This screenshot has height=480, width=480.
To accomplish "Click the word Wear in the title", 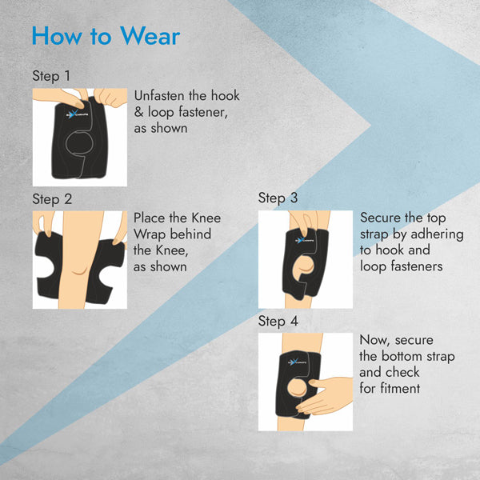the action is click(x=150, y=36).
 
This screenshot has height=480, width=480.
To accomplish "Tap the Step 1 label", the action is click(x=51, y=76).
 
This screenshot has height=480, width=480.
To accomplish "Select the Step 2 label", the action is click(x=52, y=199).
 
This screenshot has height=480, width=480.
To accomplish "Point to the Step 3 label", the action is click(x=278, y=198).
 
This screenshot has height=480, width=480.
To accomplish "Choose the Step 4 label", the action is click(x=278, y=321).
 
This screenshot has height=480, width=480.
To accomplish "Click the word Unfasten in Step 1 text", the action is click(x=159, y=96).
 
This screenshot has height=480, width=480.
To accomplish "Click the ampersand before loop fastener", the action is click(x=138, y=112).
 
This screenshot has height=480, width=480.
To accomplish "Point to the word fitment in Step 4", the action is click(x=400, y=388).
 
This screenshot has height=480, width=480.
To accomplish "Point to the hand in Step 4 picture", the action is click(x=326, y=395).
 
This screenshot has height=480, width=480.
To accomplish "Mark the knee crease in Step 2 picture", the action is click(x=78, y=271).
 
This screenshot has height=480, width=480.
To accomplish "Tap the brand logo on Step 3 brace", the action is click(x=303, y=240).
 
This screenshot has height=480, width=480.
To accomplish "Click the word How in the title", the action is click(x=57, y=36).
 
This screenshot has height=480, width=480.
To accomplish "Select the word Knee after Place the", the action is click(x=206, y=218).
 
